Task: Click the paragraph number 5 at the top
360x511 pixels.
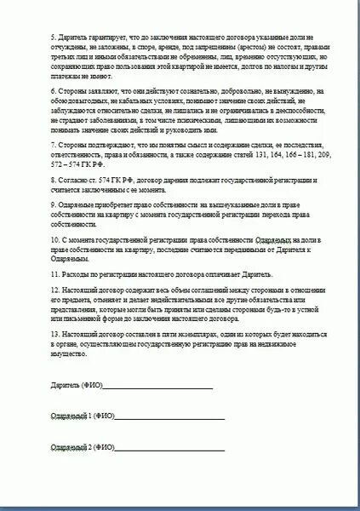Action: click(53, 40)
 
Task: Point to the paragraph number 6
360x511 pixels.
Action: click(53, 89)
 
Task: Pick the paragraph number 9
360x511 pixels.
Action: click(53, 205)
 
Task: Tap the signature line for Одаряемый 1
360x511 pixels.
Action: click(170, 417)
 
